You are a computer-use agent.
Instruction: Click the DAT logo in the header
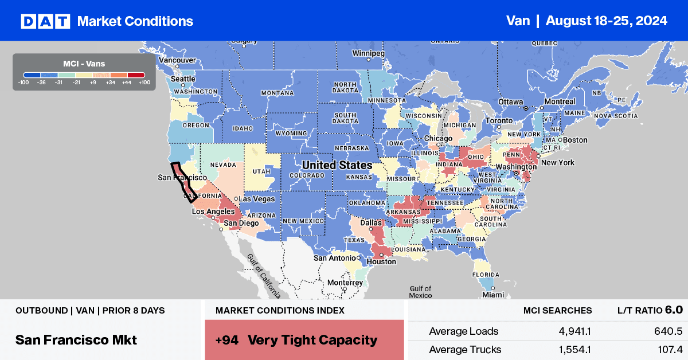point(45,21)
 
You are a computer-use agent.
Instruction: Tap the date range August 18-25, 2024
point(606,21)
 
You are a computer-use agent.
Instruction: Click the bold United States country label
point(337,165)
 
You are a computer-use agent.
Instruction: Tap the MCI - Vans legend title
point(84,64)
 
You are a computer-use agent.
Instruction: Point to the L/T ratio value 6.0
point(674,310)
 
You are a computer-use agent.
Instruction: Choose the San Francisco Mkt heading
point(76,339)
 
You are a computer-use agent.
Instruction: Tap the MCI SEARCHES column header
point(557,311)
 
